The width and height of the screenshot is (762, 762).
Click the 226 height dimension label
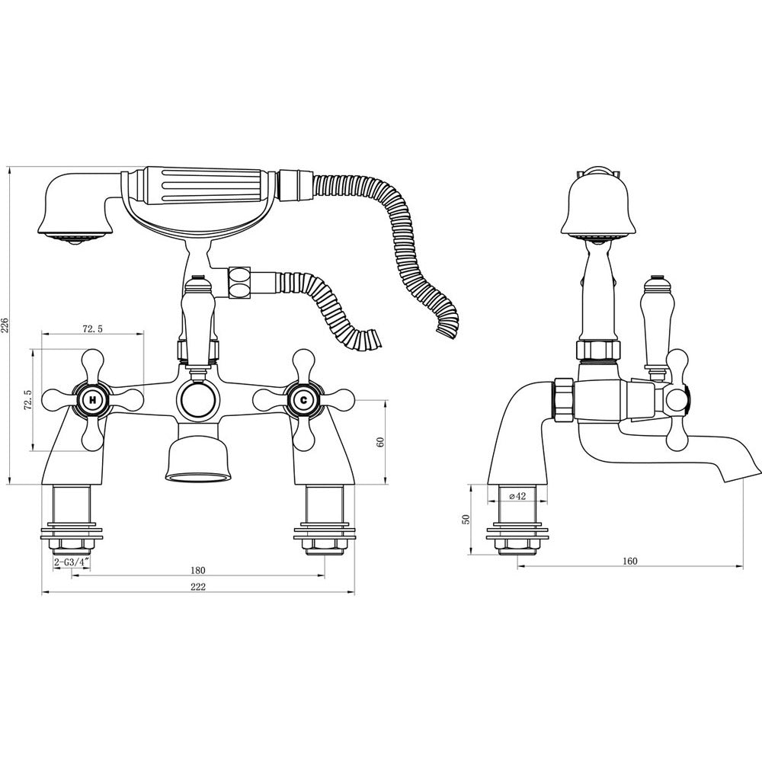(x=5, y=325)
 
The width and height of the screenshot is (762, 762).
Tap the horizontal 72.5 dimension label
(x=92, y=329)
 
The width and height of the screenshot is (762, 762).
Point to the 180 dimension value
(x=198, y=570)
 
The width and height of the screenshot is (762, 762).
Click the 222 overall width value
(x=198, y=587)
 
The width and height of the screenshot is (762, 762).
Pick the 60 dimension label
(x=380, y=442)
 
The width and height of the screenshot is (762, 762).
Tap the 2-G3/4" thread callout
(x=72, y=562)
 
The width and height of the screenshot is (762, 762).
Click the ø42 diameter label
(x=517, y=496)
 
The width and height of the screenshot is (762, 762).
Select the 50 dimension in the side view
(x=466, y=520)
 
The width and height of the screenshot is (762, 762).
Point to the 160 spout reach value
(x=629, y=562)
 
